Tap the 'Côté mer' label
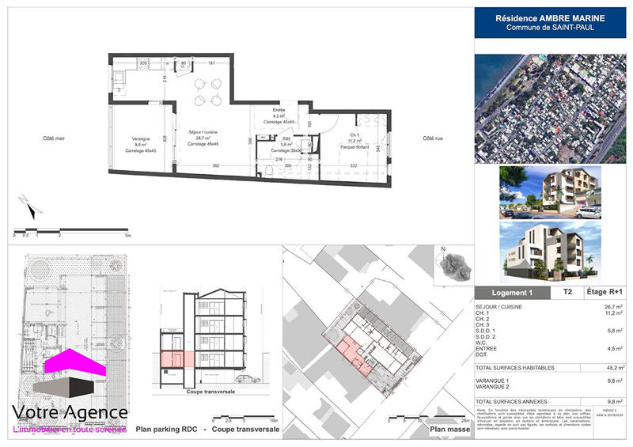click(54, 138)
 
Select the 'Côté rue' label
click(433, 138)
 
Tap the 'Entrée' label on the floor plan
click(279, 110)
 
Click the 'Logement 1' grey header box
click(513, 292)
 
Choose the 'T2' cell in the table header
click(567, 292)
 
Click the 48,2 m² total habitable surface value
click(612, 368)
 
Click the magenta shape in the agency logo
click(75, 366)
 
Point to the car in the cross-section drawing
click(246, 378)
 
